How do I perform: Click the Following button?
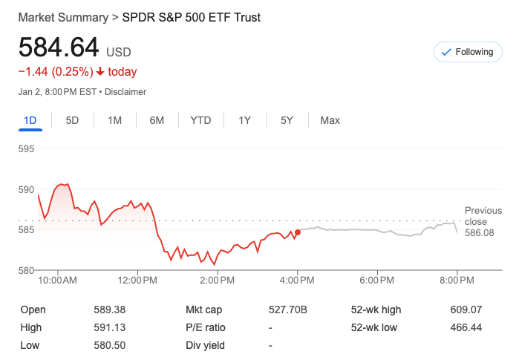[x=467, y=52]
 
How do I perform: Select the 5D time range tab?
[x=72, y=120]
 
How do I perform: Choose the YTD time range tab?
[x=200, y=120]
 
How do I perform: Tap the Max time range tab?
[x=330, y=120]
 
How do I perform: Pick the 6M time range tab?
[x=157, y=120]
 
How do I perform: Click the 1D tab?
[x=30, y=120]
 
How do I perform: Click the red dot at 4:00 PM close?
[x=298, y=232]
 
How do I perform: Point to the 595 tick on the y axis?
[x=27, y=148]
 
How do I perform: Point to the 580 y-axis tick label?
[x=27, y=270]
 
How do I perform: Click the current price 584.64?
[x=59, y=48]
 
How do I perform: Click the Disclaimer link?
[x=125, y=92]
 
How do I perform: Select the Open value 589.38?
[x=110, y=310]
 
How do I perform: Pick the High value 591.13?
[x=110, y=327]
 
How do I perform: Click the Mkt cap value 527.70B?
[x=287, y=310]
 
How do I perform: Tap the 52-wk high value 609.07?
[x=466, y=310]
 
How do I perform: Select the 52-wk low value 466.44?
[x=466, y=327]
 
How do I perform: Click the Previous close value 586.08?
[x=479, y=233]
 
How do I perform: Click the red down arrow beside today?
[x=100, y=72]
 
